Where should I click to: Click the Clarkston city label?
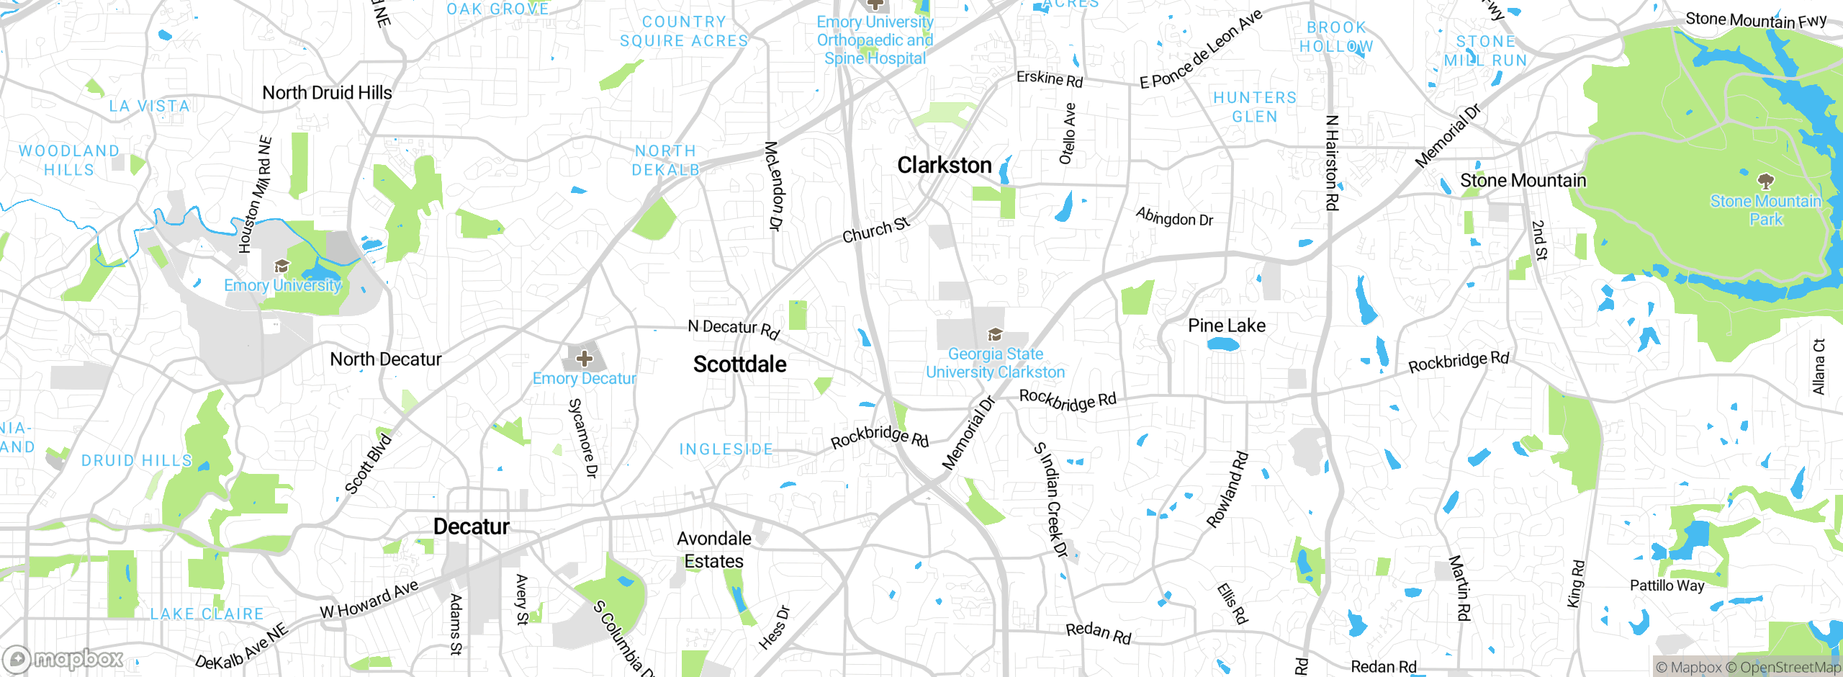click(944, 166)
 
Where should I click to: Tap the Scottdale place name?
click(739, 364)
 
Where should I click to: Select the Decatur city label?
click(471, 526)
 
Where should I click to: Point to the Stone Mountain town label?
click(1523, 181)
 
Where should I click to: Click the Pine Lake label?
click(1226, 326)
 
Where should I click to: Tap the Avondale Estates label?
click(713, 550)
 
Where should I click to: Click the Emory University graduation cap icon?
click(281, 266)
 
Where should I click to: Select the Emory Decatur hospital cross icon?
click(584, 358)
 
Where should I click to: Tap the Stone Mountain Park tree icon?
click(1765, 181)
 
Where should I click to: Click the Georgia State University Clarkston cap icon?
click(995, 334)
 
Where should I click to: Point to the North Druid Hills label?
click(327, 93)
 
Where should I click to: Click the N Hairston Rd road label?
click(1331, 163)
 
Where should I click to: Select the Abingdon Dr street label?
click(1174, 217)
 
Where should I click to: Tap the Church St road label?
click(876, 230)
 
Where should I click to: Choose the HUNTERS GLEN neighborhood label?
click(1254, 107)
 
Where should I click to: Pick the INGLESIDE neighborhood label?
click(726, 449)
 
